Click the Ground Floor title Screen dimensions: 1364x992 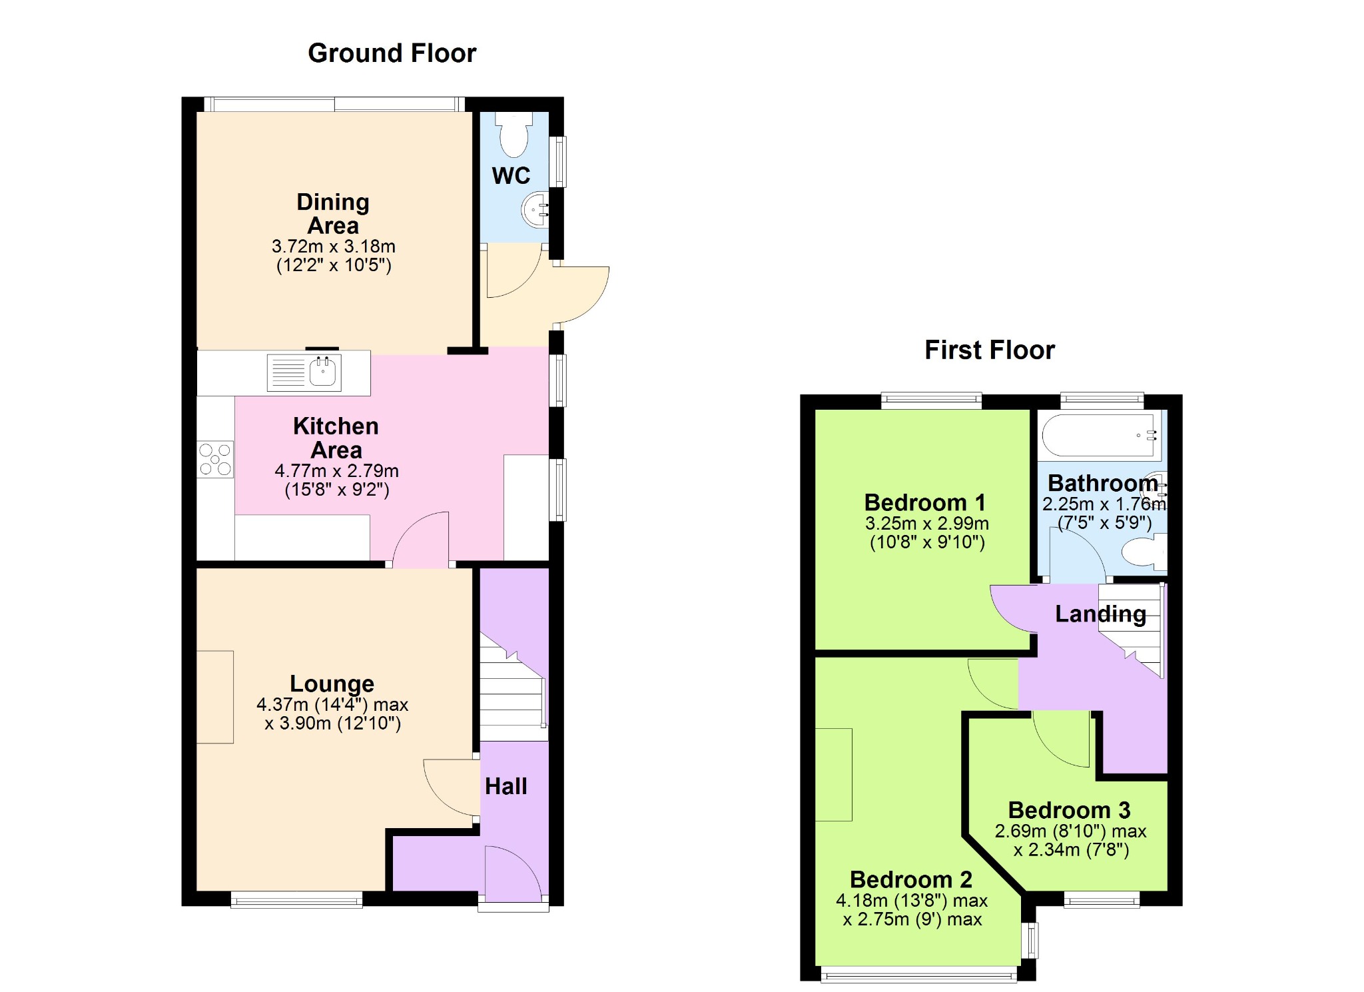[x=392, y=53]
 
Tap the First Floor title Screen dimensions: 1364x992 [x=990, y=350]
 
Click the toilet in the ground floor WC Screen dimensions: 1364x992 [x=514, y=134]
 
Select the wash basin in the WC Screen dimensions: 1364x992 [x=535, y=210]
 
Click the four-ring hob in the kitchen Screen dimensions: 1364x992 [x=215, y=459]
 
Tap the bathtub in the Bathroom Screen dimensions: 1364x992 [x=1100, y=436]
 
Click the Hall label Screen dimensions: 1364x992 [x=506, y=787]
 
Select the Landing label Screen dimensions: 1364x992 [x=1101, y=614]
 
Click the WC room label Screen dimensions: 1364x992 [x=511, y=176]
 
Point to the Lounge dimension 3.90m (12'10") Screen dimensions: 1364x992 [x=333, y=724]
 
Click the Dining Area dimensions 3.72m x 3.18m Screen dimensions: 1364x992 [x=334, y=247]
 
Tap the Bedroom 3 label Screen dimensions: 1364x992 [x=1070, y=810]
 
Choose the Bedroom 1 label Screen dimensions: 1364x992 [x=925, y=502]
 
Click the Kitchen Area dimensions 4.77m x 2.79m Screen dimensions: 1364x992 [x=337, y=471]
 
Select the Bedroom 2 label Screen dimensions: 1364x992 [x=911, y=879]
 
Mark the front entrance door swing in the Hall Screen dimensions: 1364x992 [x=513, y=870]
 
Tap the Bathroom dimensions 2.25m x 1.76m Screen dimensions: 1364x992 [x=1104, y=504]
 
